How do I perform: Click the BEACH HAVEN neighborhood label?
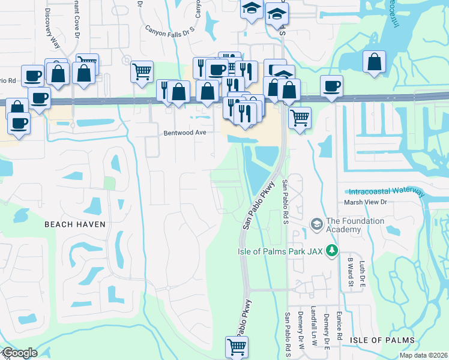click(x=74, y=224)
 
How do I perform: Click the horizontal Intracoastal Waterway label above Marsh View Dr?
click(x=387, y=191)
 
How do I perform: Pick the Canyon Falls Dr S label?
click(x=170, y=28)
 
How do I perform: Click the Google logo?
click(x=19, y=353)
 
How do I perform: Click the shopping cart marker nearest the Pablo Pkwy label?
click(x=236, y=346)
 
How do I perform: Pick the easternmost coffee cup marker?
click(x=331, y=86)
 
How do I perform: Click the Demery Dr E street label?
click(x=327, y=331)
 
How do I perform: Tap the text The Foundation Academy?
click(x=355, y=225)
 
